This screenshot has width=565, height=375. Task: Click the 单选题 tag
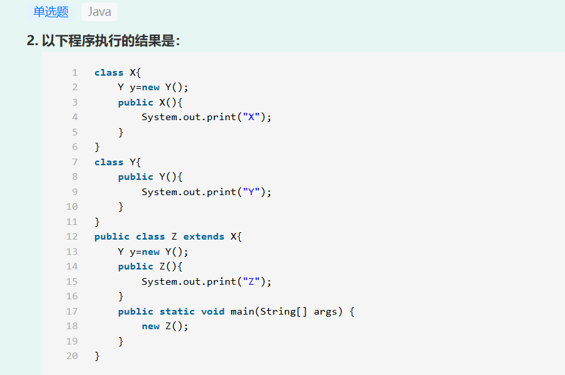tap(51, 12)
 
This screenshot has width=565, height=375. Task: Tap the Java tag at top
tap(100, 12)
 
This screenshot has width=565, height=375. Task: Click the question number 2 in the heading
tap(31, 41)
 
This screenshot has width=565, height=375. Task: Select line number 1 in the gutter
tap(75, 72)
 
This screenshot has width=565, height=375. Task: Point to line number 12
tap(72, 236)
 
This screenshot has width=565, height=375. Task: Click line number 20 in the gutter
tap(72, 356)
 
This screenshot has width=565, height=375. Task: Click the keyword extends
tap(204, 236)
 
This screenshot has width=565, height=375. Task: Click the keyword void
tap(212, 311)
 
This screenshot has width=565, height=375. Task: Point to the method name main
tap(242, 311)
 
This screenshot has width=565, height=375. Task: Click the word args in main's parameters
tap(327, 311)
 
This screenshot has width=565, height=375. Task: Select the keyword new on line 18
tap(150, 326)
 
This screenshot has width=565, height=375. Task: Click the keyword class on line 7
tap(109, 162)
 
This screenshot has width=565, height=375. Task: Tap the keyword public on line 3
tap(135, 102)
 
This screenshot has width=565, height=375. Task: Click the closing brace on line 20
tap(97, 356)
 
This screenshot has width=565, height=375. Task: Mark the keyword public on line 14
tap(135, 266)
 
